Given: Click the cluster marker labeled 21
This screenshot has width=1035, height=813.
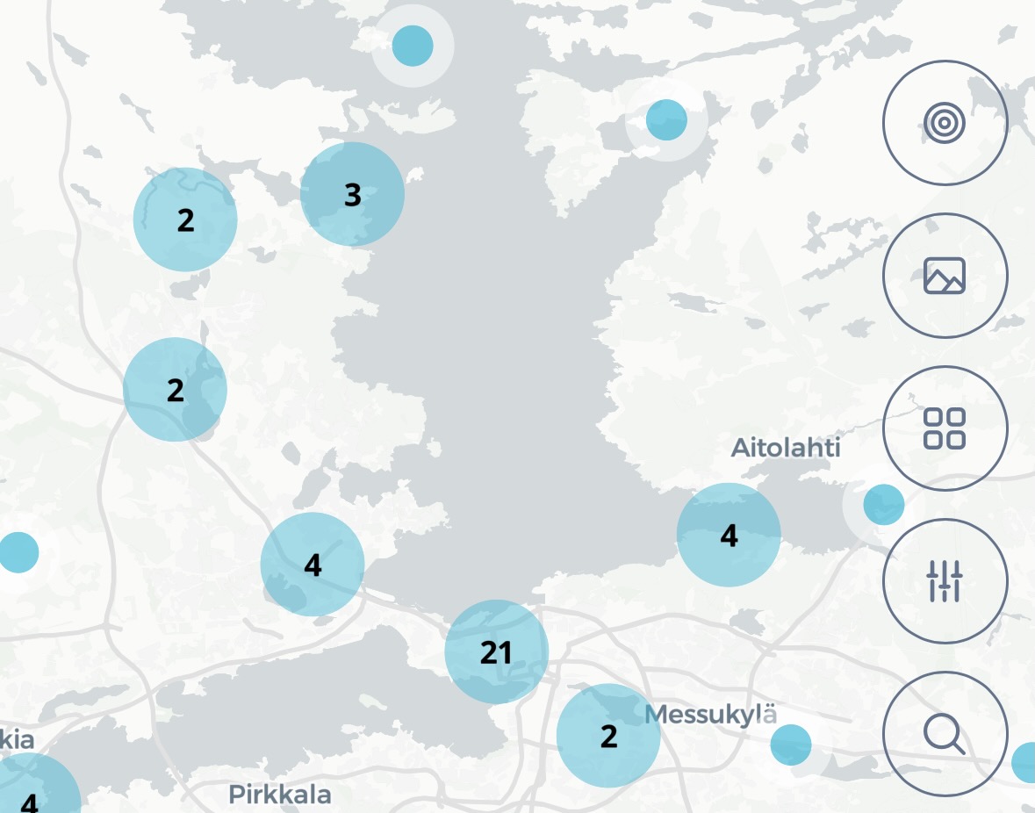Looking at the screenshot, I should click(496, 651).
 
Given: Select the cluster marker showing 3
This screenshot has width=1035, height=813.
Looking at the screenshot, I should click(352, 194).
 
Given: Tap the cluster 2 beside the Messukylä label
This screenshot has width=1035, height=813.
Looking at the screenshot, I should click(608, 736).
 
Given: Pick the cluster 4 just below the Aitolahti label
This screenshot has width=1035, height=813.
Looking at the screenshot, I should click(729, 535).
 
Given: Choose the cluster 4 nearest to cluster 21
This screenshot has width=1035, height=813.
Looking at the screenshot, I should click(313, 565).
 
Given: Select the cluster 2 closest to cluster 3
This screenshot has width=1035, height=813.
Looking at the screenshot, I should click(185, 219).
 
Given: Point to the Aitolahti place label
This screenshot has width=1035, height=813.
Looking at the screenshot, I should click(786, 448).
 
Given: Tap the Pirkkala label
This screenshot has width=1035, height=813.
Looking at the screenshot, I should click(280, 795).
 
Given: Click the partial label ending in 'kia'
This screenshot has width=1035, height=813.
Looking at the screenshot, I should click(17, 740).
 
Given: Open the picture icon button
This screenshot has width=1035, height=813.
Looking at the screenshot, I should click(945, 276).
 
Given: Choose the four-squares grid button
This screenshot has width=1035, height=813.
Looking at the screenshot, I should click(945, 428).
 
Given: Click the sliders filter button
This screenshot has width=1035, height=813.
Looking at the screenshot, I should click(945, 581).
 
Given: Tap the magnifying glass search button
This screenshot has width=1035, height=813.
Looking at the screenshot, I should click(945, 734).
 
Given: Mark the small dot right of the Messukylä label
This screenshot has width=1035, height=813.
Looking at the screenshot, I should click(791, 745).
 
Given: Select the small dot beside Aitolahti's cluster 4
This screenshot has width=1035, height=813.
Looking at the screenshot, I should click(883, 505).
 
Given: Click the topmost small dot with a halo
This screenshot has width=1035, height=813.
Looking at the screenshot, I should click(413, 46).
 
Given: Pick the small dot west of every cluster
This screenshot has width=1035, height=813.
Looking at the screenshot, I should click(18, 552).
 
